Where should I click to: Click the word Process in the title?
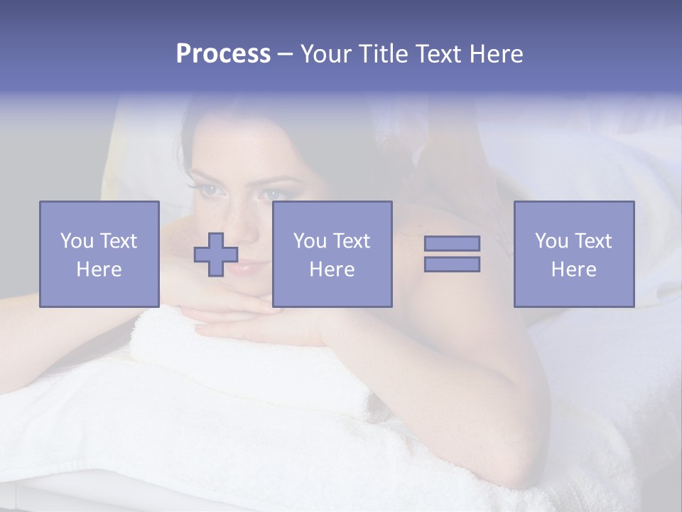pyautogui.click(x=223, y=54)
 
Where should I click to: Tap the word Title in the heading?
pyautogui.click(x=384, y=54)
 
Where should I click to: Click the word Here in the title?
pyautogui.click(x=495, y=54)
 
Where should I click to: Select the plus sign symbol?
pyautogui.click(x=216, y=255)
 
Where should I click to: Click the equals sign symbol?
pyautogui.click(x=452, y=254)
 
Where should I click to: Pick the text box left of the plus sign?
pyautogui.click(x=99, y=254)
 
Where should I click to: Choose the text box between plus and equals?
pyautogui.click(x=332, y=254)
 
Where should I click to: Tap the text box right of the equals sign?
pyautogui.click(x=573, y=254)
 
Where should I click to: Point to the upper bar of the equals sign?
pyautogui.click(x=452, y=244)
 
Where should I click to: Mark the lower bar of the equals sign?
pyautogui.click(x=452, y=264)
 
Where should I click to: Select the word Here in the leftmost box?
pyautogui.click(x=99, y=270)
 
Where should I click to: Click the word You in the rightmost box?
pyautogui.click(x=551, y=241)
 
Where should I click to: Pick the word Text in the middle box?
pyautogui.click(x=351, y=241)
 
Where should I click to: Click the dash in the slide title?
pyautogui.click(x=285, y=54)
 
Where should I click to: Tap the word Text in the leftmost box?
pyautogui.click(x=118, y=241)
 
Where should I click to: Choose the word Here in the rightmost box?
pyautogui.click(x=573, y=270)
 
